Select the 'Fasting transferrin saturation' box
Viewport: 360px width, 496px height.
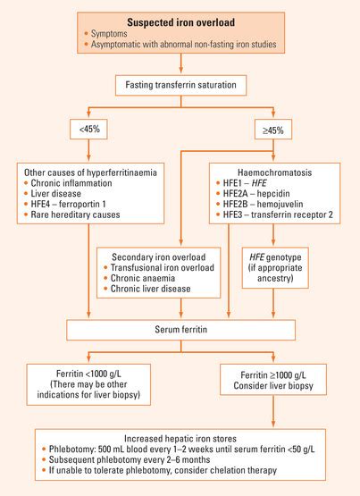pos(180,87)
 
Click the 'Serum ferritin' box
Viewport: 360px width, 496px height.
pos(181,332)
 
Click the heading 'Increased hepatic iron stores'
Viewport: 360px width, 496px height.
pos(180,441)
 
